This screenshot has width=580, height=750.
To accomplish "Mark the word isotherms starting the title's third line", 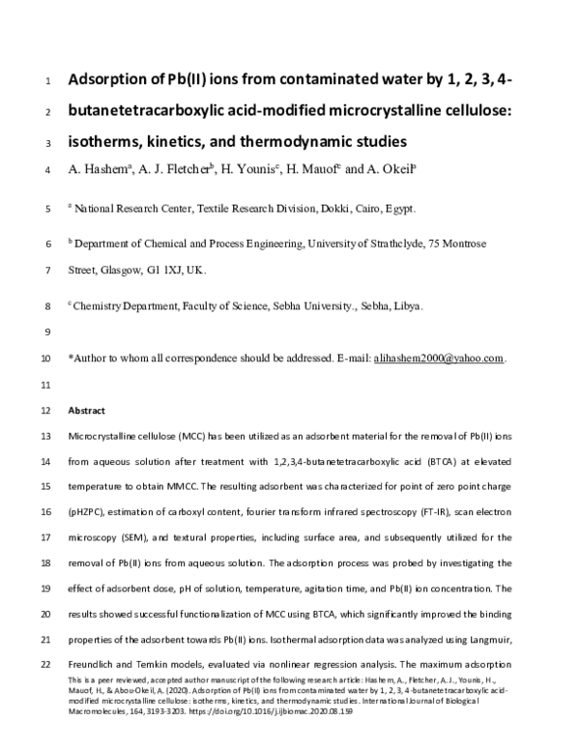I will (108, 141).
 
